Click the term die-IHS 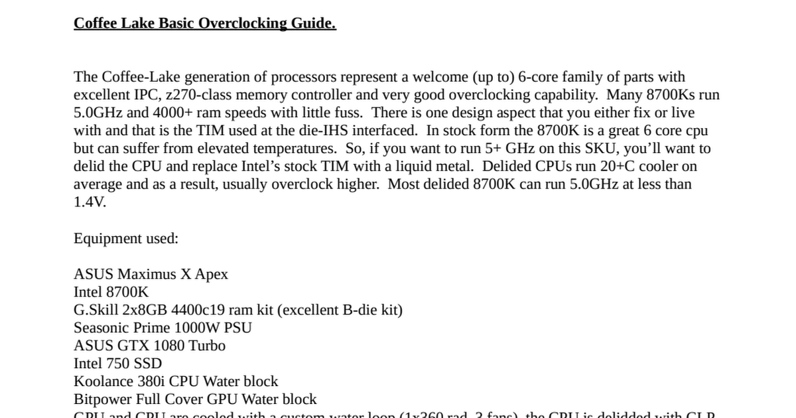pyautogui.click(x=344, y=131)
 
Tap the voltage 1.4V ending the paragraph pyautogui.click(x=90, y=202)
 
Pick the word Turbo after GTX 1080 pyautogui.click(x=207, y=346)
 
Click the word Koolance pyautogui.click(x=102, y=382)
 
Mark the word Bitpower pyautogui.click(x=103, y=399)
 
